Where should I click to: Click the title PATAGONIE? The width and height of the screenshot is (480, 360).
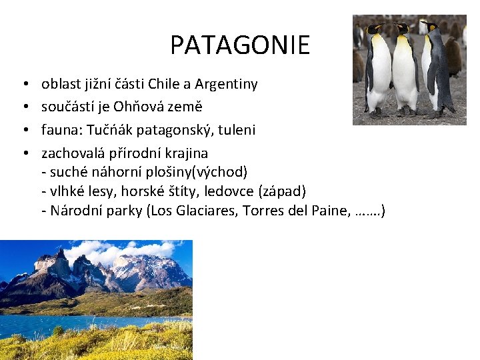240,45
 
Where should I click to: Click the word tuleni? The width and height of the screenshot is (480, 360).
236,129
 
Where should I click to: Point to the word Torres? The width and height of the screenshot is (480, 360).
279,211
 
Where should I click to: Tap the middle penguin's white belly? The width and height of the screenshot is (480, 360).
404,73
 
